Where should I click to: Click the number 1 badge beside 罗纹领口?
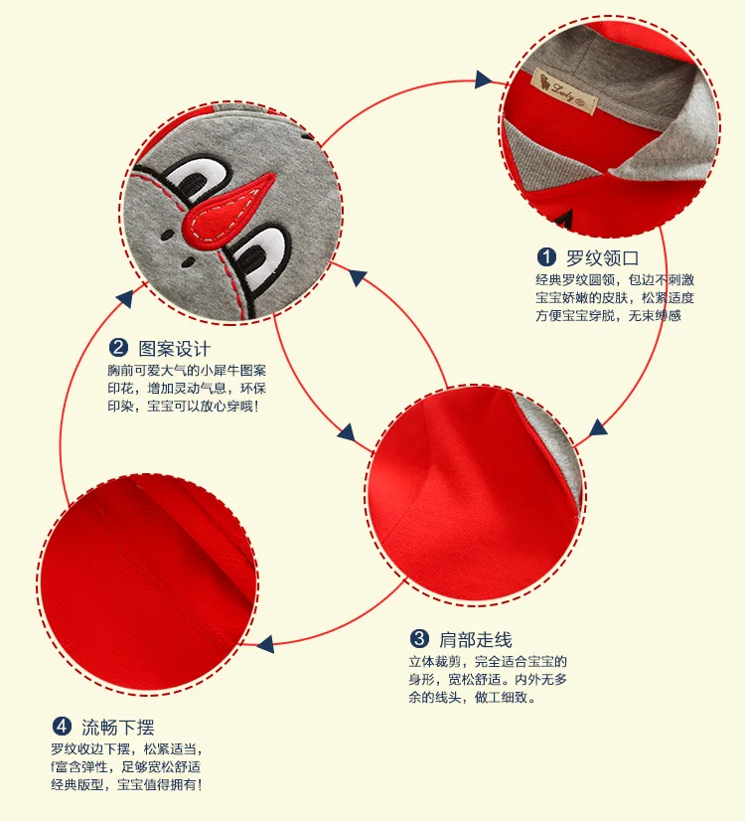coord(546,257)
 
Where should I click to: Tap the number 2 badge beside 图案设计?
coord(118,348)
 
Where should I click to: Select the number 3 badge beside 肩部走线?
coord(419,639)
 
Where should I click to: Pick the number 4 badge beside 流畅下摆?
coord(62,727)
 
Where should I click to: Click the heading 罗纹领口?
coord(602,258)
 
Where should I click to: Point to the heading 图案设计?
coord(174,348)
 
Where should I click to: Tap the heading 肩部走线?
coord(476,639)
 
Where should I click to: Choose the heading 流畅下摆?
coord(118,728)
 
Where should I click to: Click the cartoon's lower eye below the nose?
coord(261,255)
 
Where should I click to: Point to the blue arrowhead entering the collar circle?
coord(484,80)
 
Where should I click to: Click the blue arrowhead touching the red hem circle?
coord(266,644)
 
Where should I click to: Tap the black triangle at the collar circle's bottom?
coord(565,220)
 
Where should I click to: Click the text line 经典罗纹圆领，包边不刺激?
coord(615,279)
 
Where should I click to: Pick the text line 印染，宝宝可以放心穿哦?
coord(183,406)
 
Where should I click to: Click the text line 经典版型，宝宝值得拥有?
coord(126,784)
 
